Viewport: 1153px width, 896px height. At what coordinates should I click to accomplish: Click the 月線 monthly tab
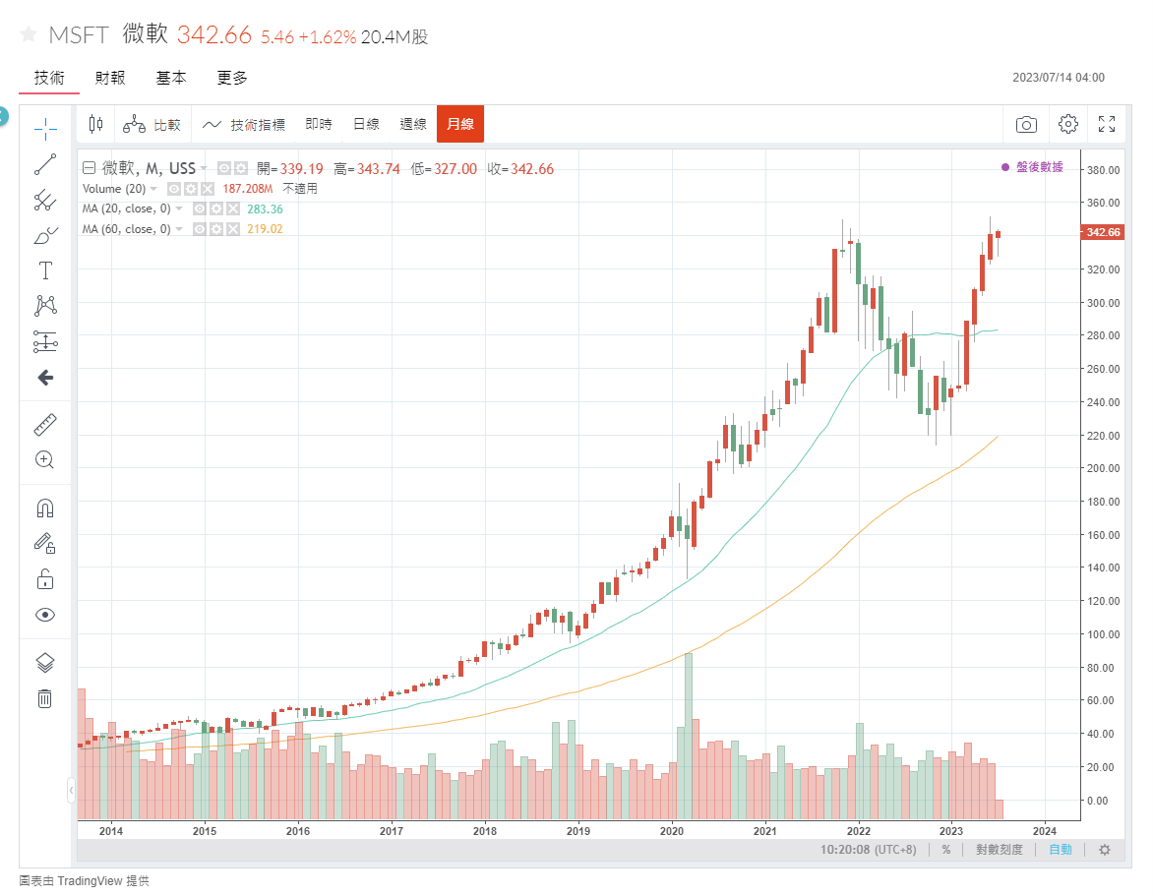pos(459,124)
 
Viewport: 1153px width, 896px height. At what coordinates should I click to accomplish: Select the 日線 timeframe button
pos(366,124)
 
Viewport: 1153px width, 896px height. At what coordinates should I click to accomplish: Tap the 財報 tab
pos(110,78)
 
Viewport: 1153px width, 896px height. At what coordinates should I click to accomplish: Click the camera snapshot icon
pos(1026,124)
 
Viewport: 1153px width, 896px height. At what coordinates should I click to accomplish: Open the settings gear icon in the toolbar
pos(1067,124)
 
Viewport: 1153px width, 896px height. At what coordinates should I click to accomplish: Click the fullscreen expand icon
pos(1106,124)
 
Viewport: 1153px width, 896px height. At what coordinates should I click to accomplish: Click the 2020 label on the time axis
pos(672,830)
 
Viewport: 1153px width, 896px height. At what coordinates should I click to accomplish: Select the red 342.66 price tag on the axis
pos(1102,232)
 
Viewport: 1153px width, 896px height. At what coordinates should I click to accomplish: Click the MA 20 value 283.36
pos(266,209)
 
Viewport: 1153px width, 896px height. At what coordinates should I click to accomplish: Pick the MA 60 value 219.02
pos(266,229)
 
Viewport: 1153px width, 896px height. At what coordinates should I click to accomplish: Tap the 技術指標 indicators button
pos(244,124)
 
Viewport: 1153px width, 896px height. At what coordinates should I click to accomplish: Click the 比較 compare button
pos(152,124)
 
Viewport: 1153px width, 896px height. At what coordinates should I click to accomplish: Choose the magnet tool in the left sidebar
pos(44,508)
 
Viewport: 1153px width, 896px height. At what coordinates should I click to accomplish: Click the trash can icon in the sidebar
pos(44,698)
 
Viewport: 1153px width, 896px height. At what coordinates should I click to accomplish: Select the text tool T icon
pos(44,270)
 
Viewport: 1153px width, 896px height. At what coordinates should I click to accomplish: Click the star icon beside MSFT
pos(28,34)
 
